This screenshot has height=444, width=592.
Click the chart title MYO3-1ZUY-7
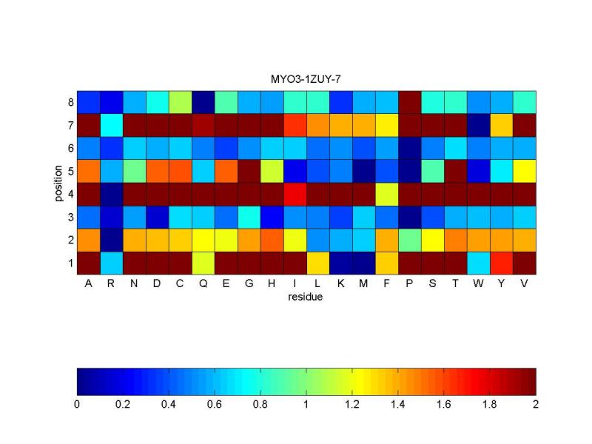[x=306, y=78]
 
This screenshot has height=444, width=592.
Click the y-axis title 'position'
[x=58, y=182]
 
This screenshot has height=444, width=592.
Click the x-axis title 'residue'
[x=306, y=298]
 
